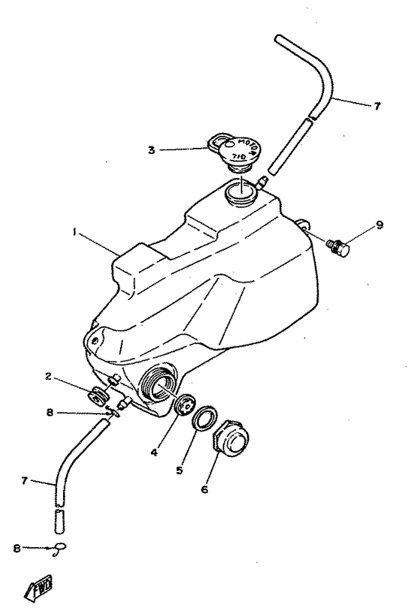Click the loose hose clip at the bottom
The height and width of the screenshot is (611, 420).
60,547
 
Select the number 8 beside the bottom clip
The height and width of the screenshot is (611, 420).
16,549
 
